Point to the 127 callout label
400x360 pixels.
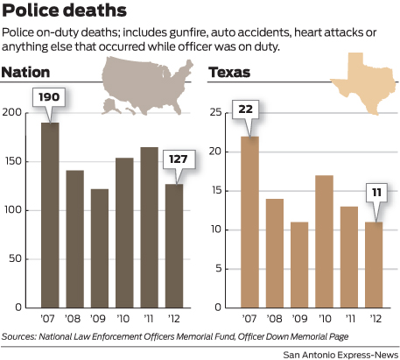175,160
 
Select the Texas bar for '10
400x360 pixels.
324,241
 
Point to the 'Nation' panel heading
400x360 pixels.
26,72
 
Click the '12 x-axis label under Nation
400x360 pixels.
175,319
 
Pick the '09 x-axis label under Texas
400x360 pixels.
300,319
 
